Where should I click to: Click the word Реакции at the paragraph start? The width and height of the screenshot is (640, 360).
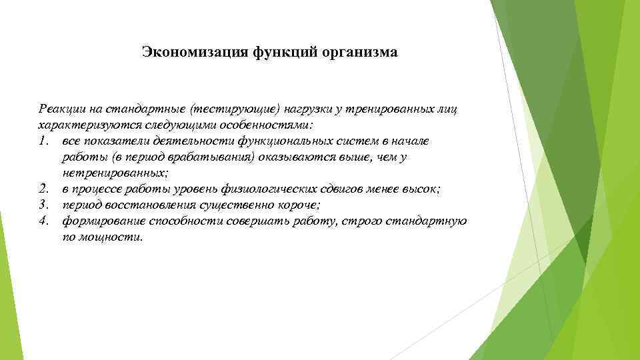pyautogui.click(x=61, y=109)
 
